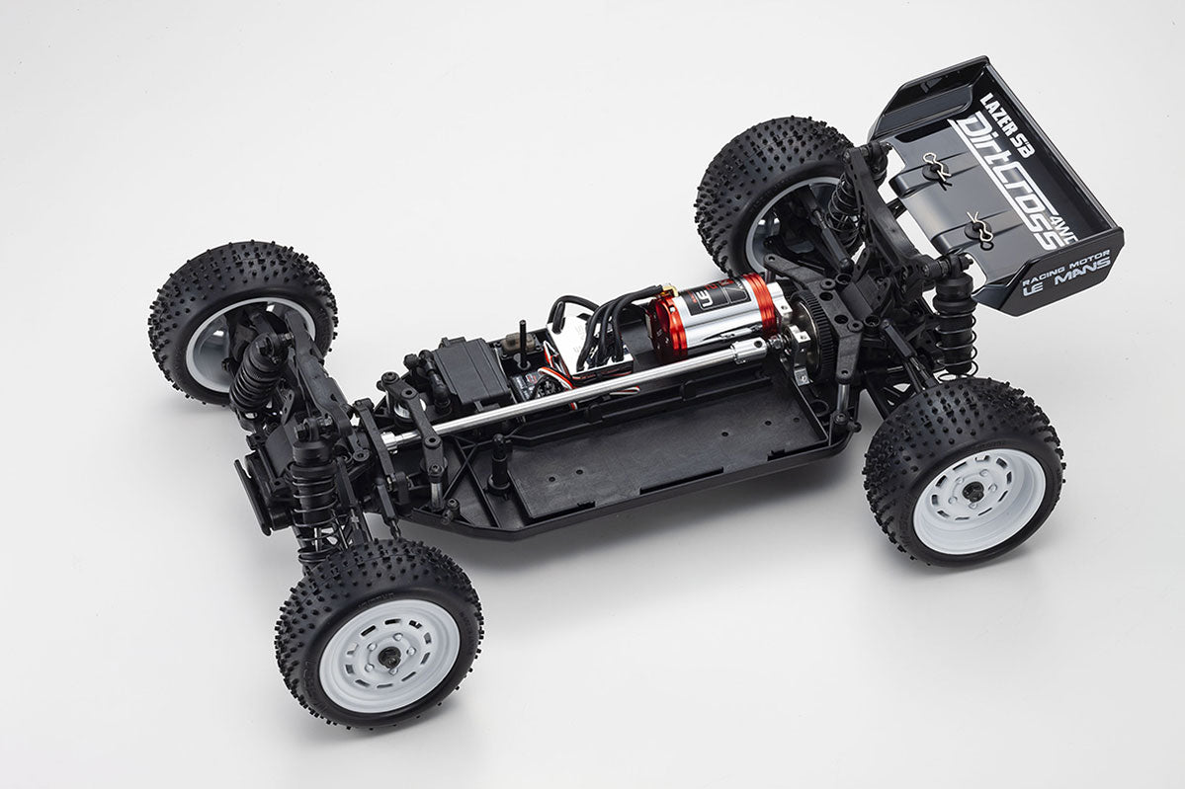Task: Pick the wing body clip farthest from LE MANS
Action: [936, 171]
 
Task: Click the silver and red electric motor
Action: [719, 313]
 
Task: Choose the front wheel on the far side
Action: [242, 322]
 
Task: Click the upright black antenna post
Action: [522, 341]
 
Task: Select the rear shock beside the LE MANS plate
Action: [956, 315]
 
